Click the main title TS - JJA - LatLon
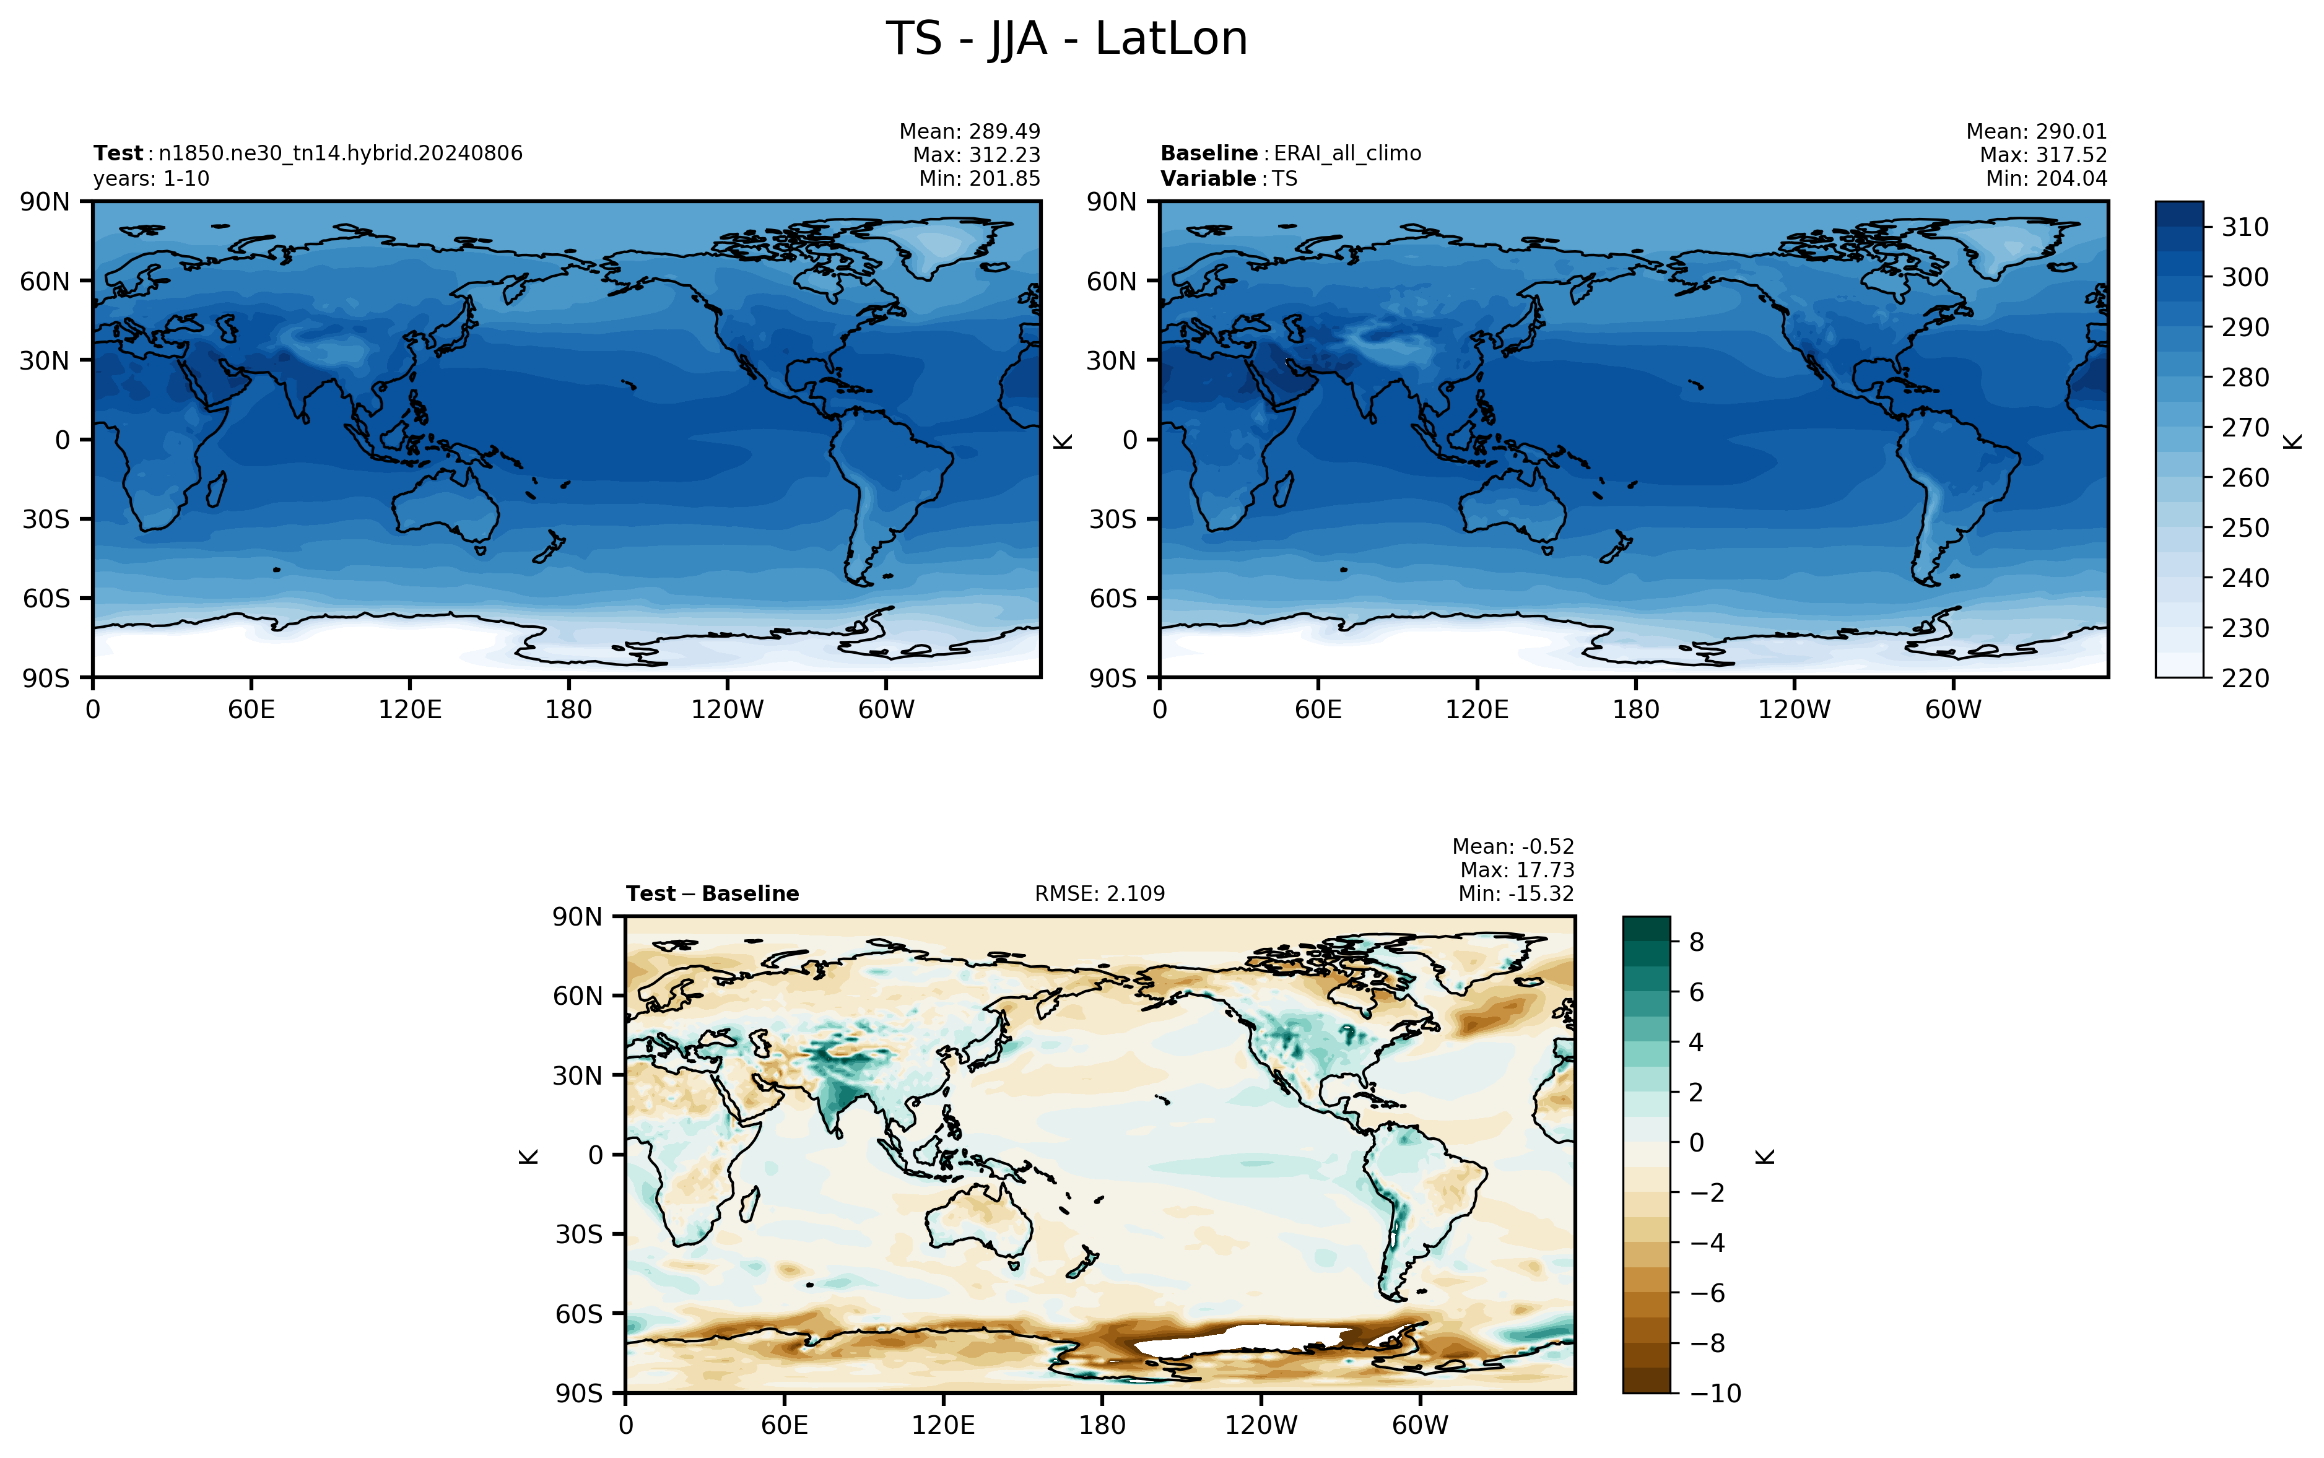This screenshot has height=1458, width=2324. (x=1066, y=40)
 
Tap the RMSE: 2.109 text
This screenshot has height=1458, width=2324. (x=1099, y=894)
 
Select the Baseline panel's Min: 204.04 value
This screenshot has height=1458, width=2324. (x=2047, y=178)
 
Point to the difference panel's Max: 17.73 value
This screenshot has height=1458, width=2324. (x=1517, y=870)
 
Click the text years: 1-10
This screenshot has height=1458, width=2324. (x=151, y=178)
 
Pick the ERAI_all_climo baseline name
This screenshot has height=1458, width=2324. (x=1347, y=154)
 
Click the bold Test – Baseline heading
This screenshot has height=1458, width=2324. (x=713, y=894)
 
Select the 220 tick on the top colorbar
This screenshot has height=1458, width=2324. (x=2245, y=678)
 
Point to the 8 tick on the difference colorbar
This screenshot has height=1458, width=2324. (x=1697, y=942)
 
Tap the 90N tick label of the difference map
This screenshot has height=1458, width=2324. (x=578, y=917)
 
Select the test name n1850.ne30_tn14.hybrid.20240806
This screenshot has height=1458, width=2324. (x=341, y=154)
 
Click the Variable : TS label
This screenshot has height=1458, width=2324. (x=1229, y=178)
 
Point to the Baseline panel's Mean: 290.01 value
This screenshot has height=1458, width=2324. (x=2037, y=131)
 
